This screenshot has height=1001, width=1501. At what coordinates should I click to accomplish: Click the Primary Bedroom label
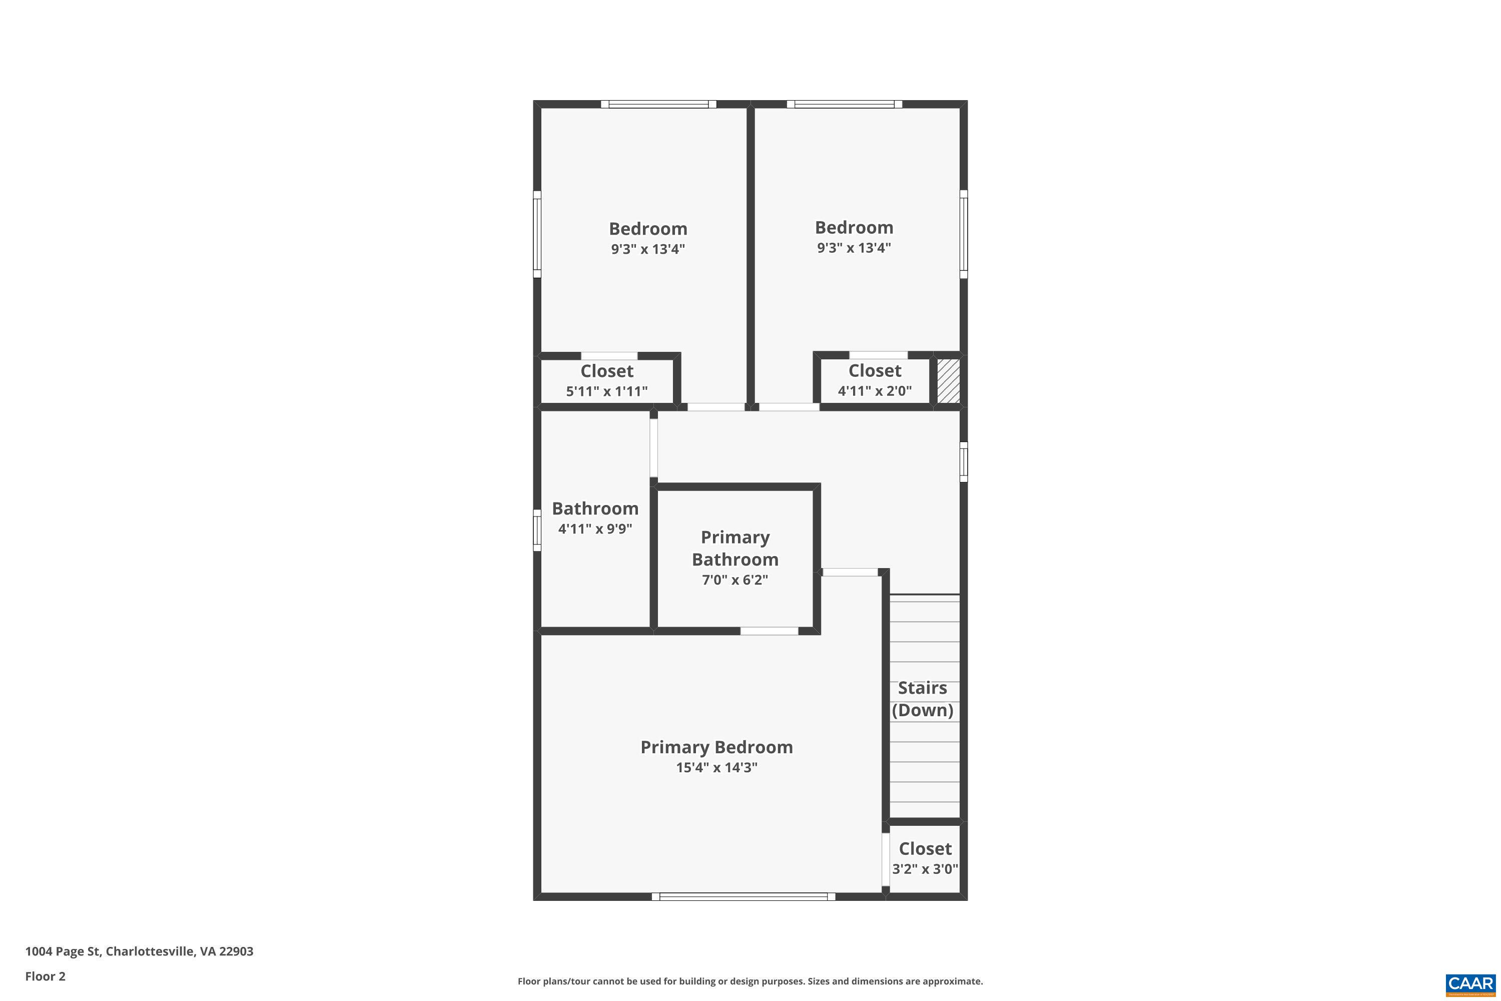[716, 747]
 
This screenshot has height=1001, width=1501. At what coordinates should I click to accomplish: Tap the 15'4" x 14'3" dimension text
[716, 767]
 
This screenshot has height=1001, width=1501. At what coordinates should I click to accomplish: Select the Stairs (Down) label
[922, 698]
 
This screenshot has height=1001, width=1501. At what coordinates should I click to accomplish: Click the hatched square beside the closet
[948, 380]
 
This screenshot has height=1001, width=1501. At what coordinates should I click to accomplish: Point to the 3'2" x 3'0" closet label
[925, 869]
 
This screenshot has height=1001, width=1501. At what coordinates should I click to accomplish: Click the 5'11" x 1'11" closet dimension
[606, 391]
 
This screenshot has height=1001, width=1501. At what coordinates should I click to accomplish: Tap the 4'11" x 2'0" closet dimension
[874, 391]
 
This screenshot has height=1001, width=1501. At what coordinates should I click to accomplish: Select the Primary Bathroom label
[734, 548]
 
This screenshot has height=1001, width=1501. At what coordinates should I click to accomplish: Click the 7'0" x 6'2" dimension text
[734, 580]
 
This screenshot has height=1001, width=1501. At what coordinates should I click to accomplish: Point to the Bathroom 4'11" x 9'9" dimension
[595, 529]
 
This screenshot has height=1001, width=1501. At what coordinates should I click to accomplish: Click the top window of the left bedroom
[658, 104]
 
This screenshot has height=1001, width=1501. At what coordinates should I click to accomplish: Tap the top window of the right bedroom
[844, 104]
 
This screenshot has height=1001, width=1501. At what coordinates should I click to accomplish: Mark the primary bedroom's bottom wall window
[743, 896]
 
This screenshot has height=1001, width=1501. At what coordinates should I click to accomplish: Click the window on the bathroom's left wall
[537, 530]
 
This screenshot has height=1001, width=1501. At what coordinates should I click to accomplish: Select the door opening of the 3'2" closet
[886, 859]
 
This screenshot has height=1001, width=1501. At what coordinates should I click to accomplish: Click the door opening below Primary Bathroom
[769, 631]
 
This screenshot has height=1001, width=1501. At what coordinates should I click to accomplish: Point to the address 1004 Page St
[139, 951]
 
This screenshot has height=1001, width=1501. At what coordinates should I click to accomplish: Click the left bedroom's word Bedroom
[648, 229]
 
